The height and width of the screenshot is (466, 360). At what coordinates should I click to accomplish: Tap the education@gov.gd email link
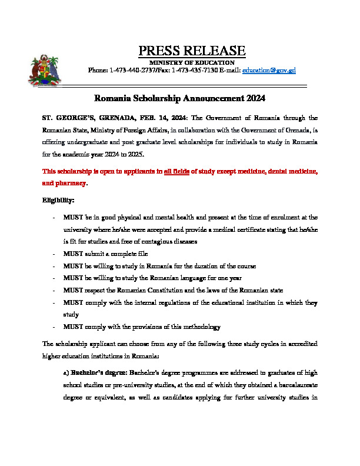269,70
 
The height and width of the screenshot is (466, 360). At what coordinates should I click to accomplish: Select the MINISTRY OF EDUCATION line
192,62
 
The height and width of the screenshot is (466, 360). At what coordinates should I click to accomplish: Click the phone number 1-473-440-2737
131,70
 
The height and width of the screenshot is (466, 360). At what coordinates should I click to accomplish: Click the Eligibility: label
58,200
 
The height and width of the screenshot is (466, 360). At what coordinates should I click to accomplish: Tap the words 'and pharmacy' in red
64,183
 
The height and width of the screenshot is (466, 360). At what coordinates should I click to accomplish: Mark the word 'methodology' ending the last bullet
201,327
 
